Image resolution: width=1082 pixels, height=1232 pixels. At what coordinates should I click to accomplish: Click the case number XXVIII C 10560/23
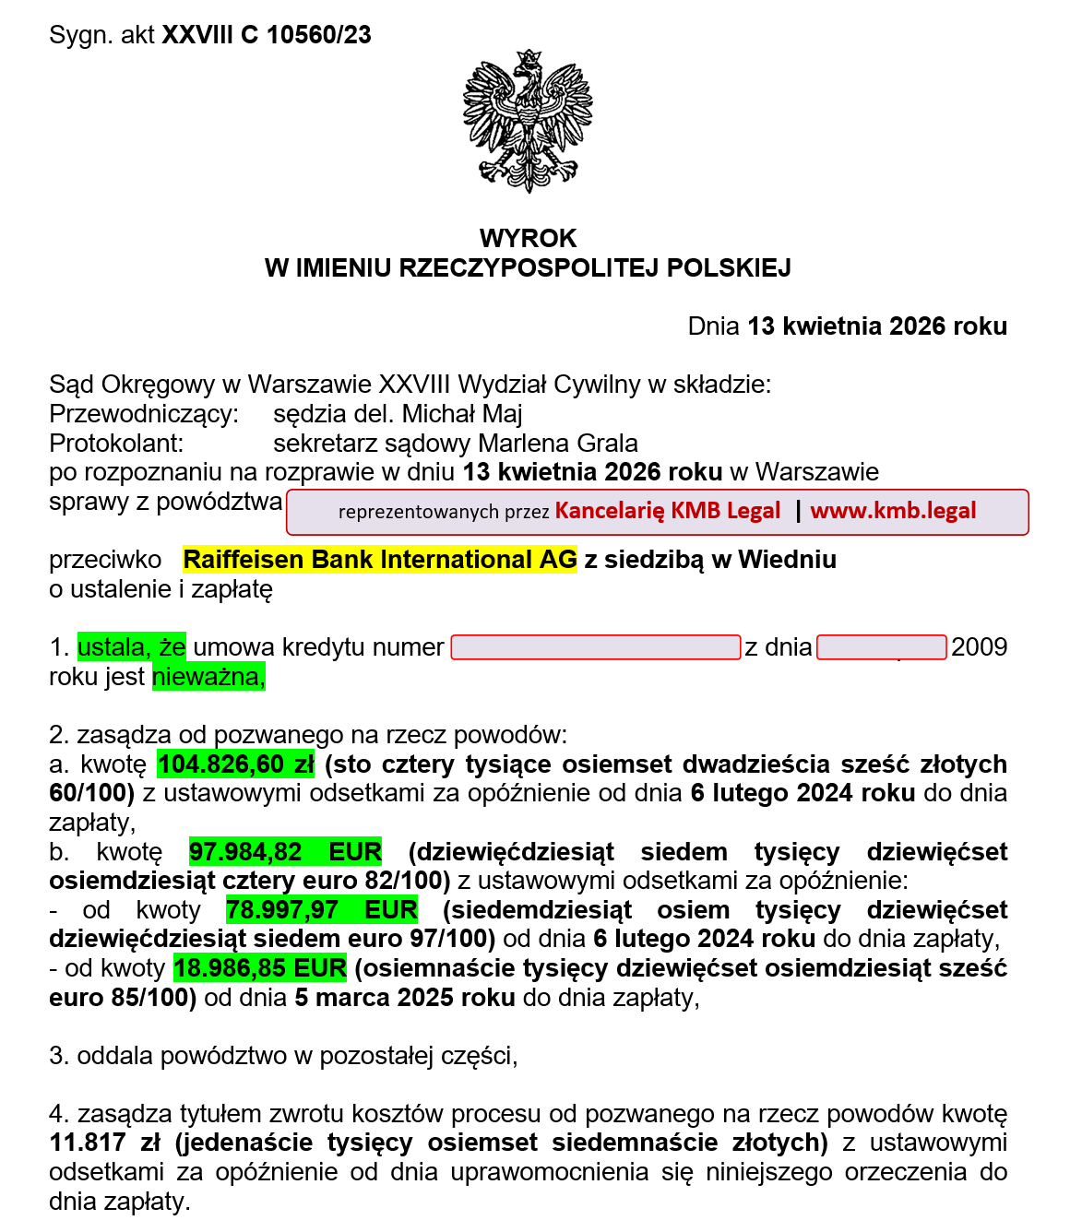point(267,35)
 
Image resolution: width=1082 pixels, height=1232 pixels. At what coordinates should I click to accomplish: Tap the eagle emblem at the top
point(527,120)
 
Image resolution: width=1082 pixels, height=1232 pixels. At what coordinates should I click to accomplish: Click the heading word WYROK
point(528,238)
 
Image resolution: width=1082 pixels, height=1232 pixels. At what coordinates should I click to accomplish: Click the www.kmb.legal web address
point(892,511)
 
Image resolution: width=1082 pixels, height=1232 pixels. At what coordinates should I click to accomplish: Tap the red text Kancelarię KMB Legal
point(667,511)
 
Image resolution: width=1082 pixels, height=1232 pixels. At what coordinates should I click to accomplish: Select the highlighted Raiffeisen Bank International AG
point(379,560)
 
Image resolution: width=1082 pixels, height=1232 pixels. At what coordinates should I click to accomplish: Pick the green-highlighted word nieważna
point(208,677)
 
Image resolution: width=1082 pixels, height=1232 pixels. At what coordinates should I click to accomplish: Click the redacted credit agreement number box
point(595,647)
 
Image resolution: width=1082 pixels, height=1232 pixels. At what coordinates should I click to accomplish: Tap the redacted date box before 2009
point(881,647)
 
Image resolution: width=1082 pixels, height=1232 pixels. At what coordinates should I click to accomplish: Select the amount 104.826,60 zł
point(236,764)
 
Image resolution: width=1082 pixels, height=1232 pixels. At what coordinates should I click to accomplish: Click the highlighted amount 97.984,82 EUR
point(285,852)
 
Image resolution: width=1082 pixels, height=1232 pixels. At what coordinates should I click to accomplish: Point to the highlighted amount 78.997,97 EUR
point(321,910)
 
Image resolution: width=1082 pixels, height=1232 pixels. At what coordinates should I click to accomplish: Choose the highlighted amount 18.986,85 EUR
point(260,968)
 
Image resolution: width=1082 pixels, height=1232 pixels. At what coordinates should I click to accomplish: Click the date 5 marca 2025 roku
point(404,998)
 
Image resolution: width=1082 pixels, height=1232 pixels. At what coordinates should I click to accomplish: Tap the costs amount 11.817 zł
point(104,1143)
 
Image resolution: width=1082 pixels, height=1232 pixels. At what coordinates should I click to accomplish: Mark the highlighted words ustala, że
point(131,647)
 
